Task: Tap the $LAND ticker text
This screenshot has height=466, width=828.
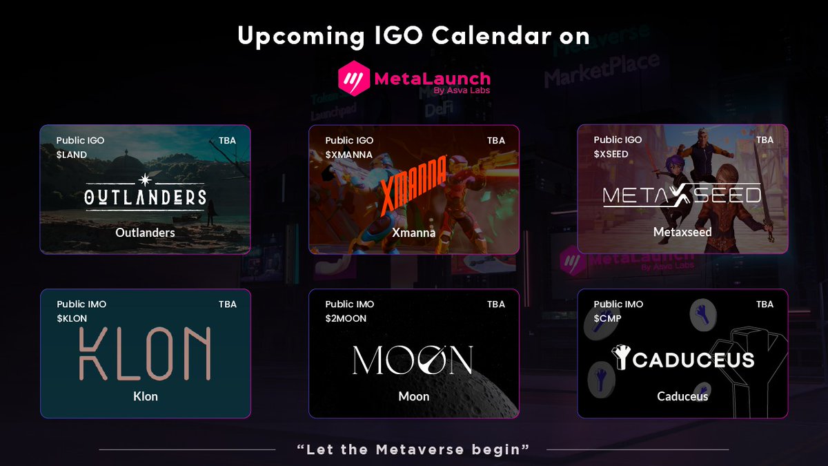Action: coord(72,155)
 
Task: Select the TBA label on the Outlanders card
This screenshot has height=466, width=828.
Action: coord(227,140)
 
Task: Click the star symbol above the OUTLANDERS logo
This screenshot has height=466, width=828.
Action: coord(145,179)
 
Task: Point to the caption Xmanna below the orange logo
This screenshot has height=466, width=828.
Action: coord(413,233)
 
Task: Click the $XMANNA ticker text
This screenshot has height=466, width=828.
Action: coord(348,155)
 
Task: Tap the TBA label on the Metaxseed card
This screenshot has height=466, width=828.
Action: coord(765,139)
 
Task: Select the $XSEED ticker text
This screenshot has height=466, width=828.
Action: coord(611,154)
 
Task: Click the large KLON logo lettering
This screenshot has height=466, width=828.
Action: coord(145,354)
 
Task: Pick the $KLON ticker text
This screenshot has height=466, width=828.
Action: coord(72,318)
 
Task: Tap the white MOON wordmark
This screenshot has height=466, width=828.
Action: coord(413,360)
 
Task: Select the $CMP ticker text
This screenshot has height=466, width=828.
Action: coord(607,318)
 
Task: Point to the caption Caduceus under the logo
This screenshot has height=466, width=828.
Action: coord(682,396)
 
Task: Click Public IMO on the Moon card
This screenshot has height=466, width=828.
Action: coord(350,304)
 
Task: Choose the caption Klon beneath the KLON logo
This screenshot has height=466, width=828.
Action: coord(145,396)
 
